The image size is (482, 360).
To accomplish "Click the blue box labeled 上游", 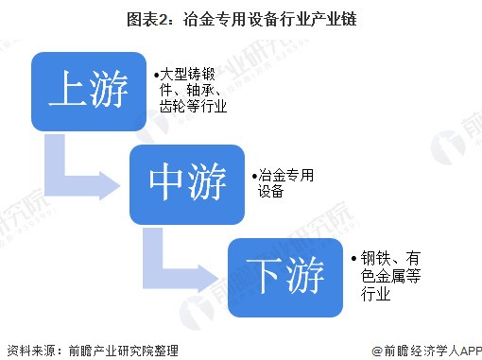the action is tap(90, 92).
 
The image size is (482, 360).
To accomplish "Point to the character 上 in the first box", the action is tap(67, 92).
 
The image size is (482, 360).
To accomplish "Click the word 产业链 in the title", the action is tap(308, 17).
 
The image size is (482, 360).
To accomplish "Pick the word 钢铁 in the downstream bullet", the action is tap(371, 256).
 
